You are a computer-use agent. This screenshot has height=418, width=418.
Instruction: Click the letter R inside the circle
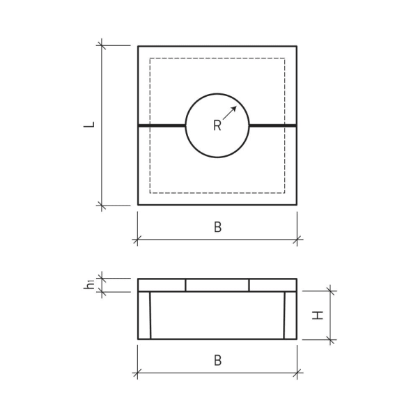[217, 126]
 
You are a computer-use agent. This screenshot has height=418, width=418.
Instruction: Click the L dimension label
[90, 125]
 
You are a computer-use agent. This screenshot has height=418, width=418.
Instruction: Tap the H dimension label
[318, 315]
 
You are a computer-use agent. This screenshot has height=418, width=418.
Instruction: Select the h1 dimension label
[90, 284]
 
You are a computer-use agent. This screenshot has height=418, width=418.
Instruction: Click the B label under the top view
[217, 228]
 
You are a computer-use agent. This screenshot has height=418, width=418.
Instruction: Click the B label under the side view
[217, 361]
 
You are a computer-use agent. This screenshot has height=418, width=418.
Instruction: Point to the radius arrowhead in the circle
[234, 108]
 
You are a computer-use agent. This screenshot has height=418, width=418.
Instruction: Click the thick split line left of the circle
[162, 125]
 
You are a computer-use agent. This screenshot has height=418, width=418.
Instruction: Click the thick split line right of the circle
[272, 125]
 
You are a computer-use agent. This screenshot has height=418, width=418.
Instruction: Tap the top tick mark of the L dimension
[102, 45]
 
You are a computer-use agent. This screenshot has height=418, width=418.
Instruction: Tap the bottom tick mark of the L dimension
[102, 206]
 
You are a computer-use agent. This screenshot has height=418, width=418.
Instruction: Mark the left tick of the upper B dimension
[137, 240]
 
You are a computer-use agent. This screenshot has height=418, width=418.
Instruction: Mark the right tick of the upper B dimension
[297, 240]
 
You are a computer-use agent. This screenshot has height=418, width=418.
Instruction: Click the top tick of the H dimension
[330, 291]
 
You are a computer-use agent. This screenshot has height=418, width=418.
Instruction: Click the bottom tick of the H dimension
[330, 340]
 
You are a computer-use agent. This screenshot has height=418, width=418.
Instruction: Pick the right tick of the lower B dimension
[297, 373]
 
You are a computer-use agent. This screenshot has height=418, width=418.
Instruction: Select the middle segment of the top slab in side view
[217, 285]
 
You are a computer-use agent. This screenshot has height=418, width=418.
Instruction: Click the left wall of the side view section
[144, 315]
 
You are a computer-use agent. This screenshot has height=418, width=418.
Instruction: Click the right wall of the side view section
[291, 315]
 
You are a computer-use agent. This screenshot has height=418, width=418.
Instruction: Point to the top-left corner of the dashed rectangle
[150, 59]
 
